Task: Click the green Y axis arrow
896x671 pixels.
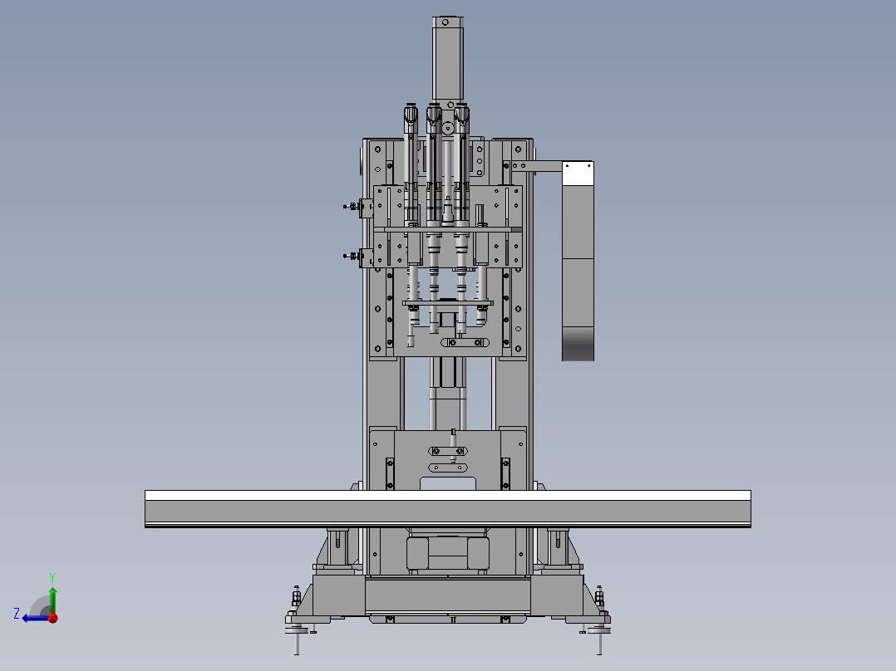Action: (52, 600)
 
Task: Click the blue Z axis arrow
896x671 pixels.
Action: (36, 618)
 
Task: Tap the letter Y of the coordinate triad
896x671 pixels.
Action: (52, 577)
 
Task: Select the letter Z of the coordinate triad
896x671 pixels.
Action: (17, 614)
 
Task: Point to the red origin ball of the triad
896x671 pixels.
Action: (53, 617)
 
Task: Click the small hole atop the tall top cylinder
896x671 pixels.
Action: (446, 22)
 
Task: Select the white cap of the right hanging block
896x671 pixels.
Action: (578, 174)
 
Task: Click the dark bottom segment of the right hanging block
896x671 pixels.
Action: (578, 344)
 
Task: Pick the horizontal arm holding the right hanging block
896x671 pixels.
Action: (537, 166)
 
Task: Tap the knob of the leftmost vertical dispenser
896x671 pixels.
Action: (411, 114)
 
